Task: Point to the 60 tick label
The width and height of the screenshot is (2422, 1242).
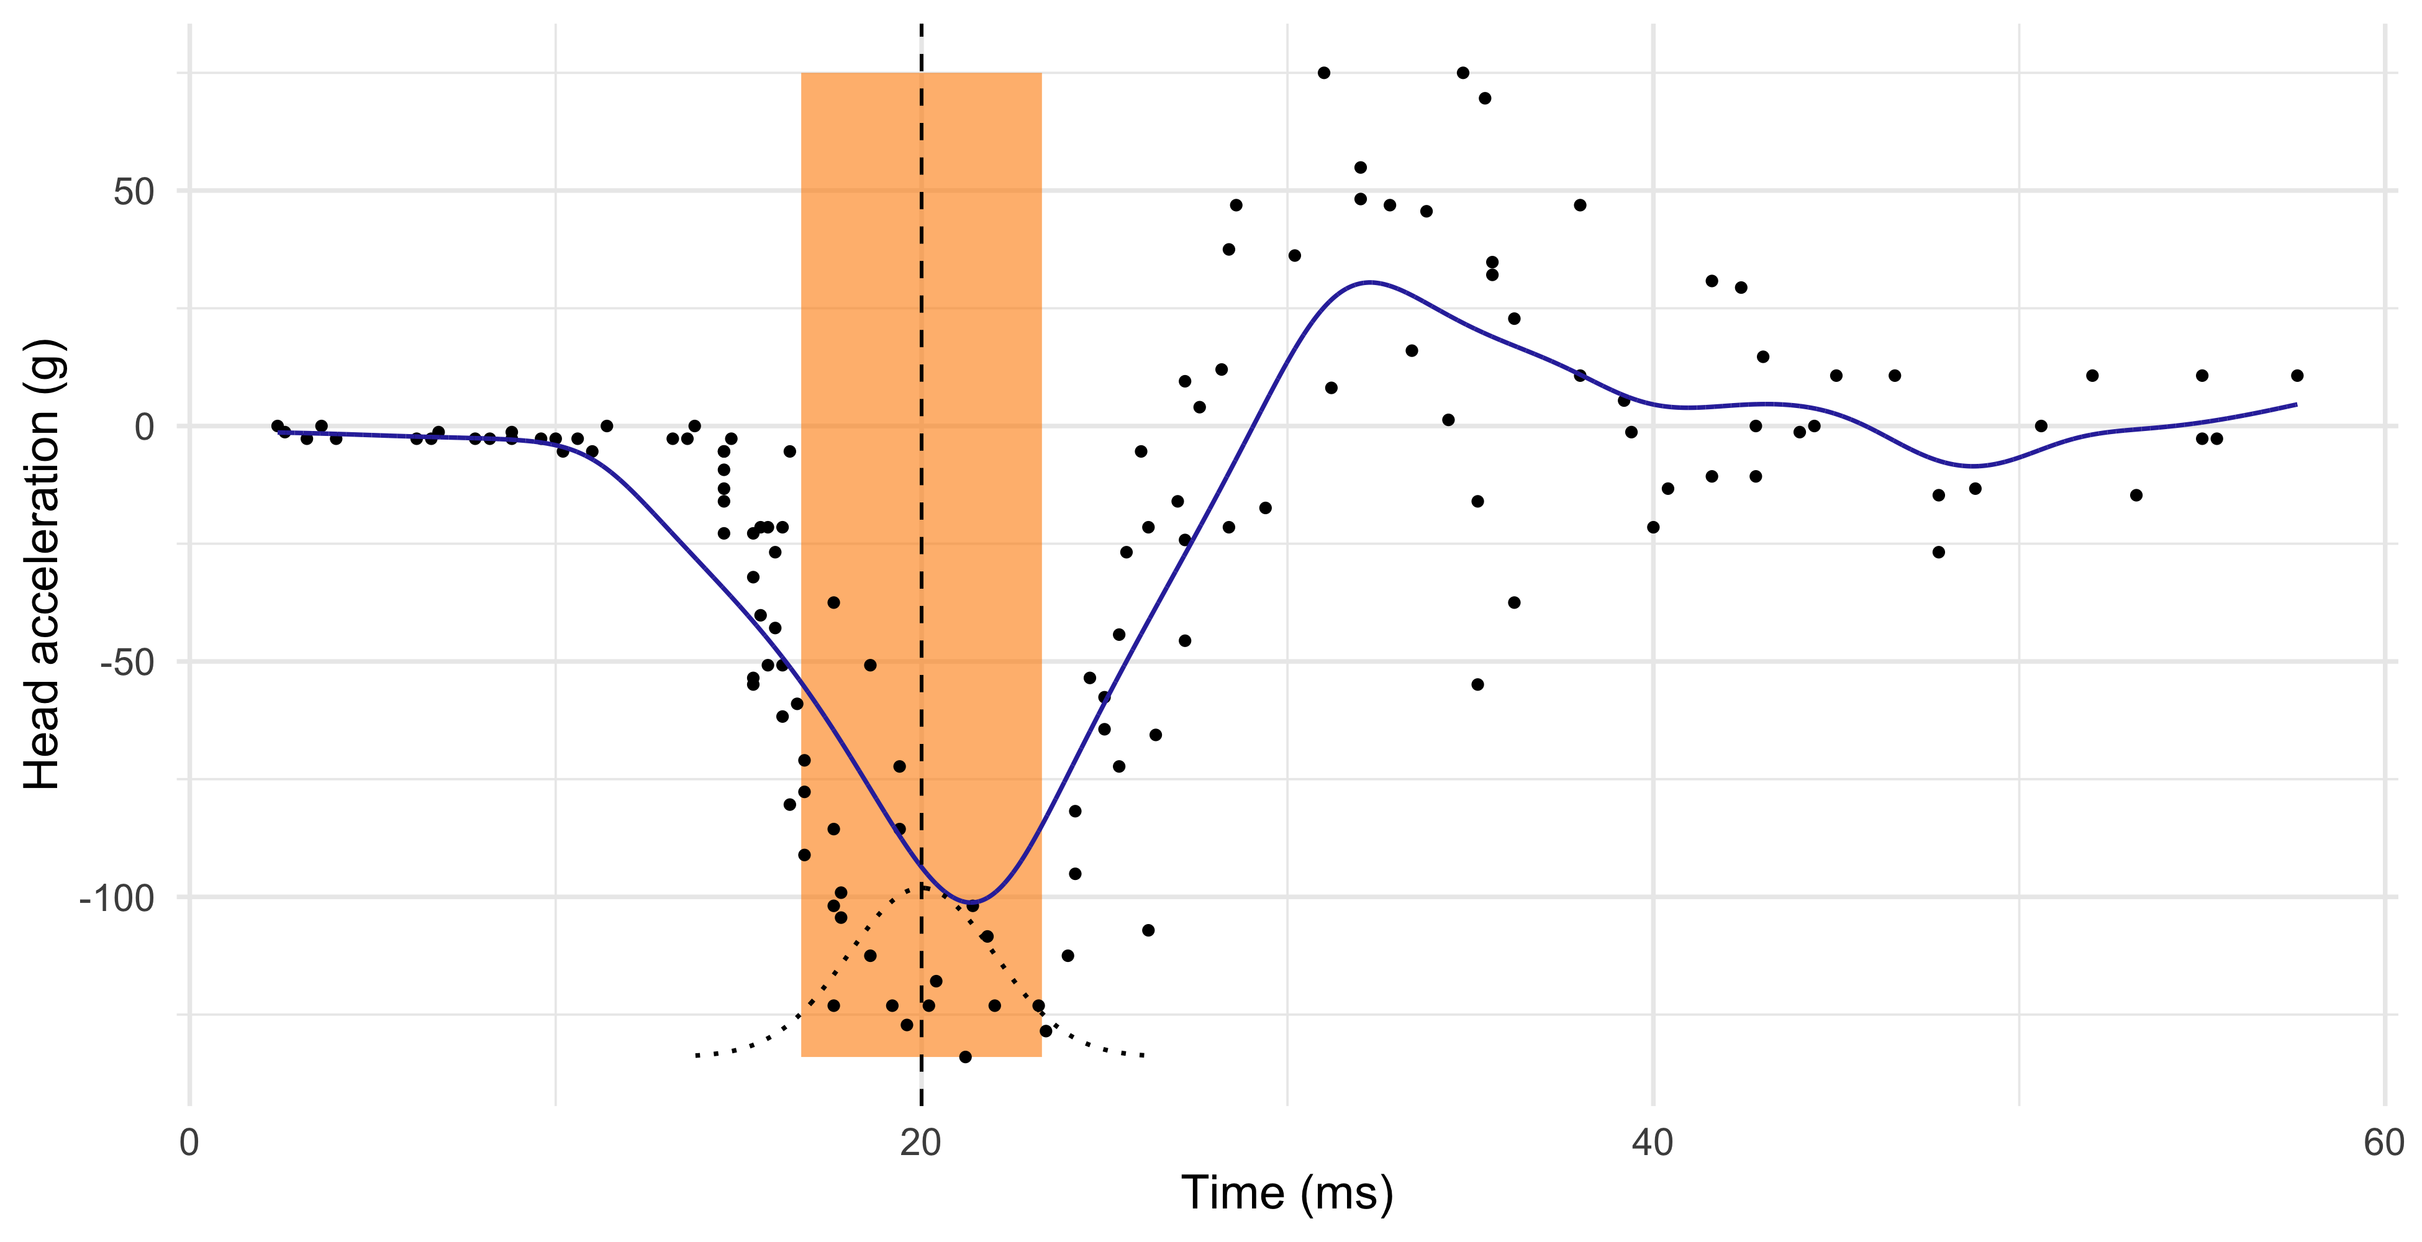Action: (x=2383, y=1143)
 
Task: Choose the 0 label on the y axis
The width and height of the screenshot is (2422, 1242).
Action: (x=144, y=427)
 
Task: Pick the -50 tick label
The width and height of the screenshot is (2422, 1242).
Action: (x=127, y=663)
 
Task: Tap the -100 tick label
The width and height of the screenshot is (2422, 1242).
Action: (x=117, y=898)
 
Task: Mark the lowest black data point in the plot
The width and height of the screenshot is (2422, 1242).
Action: (x=964, y=1057)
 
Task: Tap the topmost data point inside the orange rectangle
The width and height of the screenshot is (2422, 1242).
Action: (x=833, y=602)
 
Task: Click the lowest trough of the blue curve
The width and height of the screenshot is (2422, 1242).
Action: (x=972, y=902)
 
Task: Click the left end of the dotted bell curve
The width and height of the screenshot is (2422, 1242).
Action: (x=697, y=1056)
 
